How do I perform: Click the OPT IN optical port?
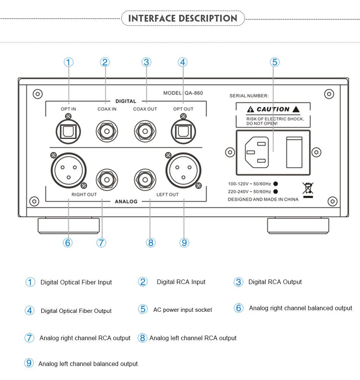tap(68, 131)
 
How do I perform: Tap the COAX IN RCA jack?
tap(106, 131)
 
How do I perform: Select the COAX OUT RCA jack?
tap(145, 131)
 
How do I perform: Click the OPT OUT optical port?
tap(183, 131)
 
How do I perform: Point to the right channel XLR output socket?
tap(68, 169)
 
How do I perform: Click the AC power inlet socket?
tap(257, 152)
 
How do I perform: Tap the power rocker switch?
tap(294, 152)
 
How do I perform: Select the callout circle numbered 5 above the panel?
tap(275, 62)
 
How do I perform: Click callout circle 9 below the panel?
tap(184, 243)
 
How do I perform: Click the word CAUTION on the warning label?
tap(273, 109)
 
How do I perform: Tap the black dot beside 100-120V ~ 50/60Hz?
tap(276, 184)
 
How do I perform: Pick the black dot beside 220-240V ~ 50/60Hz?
tap(276, 192)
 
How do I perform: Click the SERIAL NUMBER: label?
tap(249, 96)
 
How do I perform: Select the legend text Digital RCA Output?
tap(275, 282)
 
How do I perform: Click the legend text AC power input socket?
tap(183, 310)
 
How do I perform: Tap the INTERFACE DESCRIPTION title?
tap(183, 18)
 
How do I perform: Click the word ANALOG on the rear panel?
tap(126, 201)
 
